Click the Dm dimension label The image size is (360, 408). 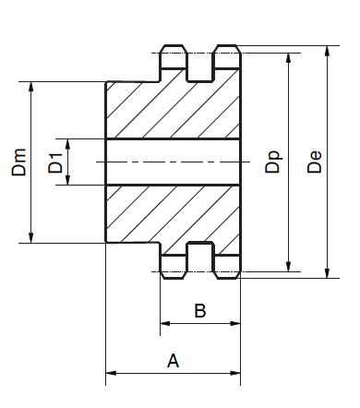pyautogui.click(x=18, y=162)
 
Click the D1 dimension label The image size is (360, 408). pyautogui.click(x=55, y=163)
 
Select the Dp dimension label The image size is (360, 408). pyautogui.click(x=273, y=162)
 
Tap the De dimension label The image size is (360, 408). pyautogui.click(x=315, y=162)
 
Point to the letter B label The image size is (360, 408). pyautogui.click(x=200, y=310)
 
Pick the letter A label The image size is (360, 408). pyautogui.click(x=173, y=361)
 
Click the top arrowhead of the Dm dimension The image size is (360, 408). pyautogui.click(x=30, y=87)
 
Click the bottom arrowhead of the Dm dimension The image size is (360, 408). pyautogui.click(x=30, y=237)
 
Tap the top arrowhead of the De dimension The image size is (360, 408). pyautogui.click(x=327, y=51)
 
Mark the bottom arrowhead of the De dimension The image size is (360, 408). pyautogui.click(x=327, y=272)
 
